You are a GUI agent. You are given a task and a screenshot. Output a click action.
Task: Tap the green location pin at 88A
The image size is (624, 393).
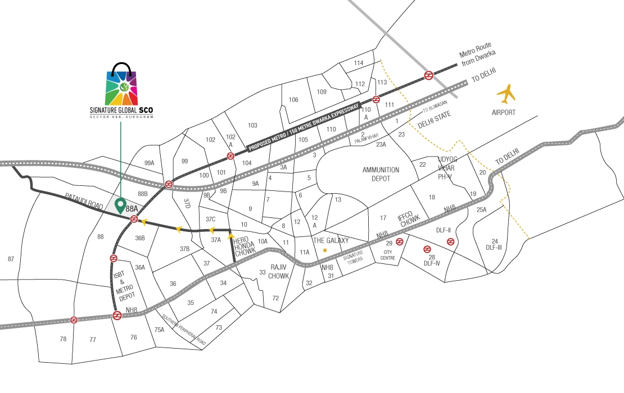click(x=120, y=205)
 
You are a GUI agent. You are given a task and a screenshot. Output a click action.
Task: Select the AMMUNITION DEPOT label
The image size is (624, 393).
click(x=381, y=174)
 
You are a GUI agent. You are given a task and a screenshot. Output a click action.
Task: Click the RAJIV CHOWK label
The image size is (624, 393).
click(x=278, y=272)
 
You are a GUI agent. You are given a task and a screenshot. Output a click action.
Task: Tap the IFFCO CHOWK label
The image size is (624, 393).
click(x=409, y=220)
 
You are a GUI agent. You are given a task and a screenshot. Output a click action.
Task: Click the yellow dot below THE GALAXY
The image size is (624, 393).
click(x=324, y=250)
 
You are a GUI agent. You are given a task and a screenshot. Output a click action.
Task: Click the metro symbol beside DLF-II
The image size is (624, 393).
click(x=450, y=241)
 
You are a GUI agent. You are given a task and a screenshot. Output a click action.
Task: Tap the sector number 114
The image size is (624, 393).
click(x=359, y=63)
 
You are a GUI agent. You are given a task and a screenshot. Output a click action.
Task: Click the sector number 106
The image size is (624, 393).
click(x=293, y=100)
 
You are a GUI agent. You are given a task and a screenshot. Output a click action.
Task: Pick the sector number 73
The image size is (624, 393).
click(x=219, y=327)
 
